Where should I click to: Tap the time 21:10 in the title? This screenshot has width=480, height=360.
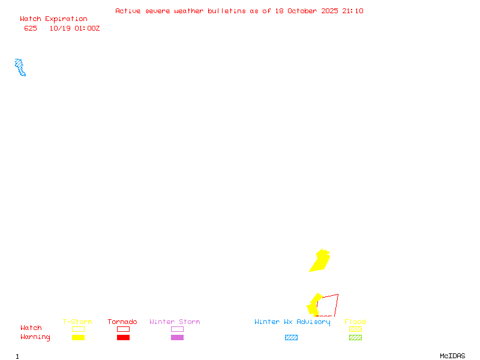point(353,11)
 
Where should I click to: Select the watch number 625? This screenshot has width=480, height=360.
point(30,28)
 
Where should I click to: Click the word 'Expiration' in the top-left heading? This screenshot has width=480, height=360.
point(66,19)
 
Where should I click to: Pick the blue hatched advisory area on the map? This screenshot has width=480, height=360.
point(20,67)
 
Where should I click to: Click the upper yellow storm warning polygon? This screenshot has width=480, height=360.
point(320,261)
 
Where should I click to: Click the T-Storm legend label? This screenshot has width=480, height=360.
point(77,322)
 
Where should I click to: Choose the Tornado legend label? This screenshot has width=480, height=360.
point(122,322)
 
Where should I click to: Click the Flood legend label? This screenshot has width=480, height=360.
point(355,322)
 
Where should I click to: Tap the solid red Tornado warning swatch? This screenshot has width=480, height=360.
point(123,337)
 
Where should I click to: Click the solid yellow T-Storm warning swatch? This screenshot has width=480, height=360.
point(78,337)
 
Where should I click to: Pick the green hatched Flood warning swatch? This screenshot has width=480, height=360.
point(355,337)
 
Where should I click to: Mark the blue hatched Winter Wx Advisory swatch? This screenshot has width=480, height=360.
point(291,337)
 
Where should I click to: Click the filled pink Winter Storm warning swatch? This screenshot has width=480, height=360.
point(177,337)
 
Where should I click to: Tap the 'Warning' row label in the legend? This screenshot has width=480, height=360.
point(35,337)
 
